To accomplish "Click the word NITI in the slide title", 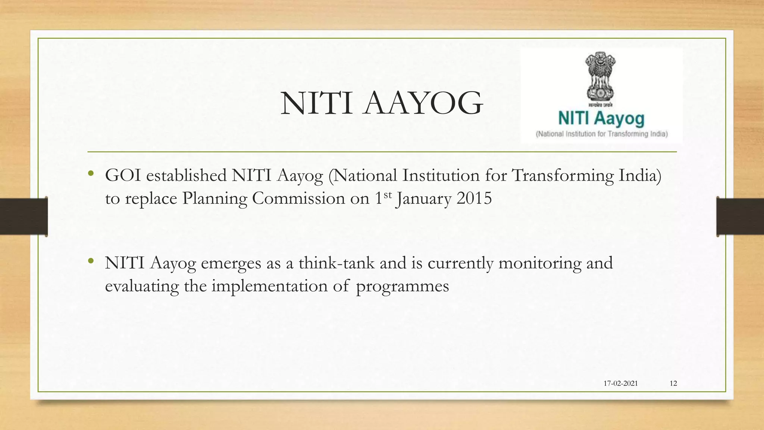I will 316,103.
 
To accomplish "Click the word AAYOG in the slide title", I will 423,103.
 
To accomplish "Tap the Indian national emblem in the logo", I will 600,76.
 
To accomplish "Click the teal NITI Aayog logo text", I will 601,118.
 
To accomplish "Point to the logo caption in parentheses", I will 601,134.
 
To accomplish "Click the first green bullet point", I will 91,174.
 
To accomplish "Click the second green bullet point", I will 91,261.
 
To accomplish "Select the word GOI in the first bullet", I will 123,175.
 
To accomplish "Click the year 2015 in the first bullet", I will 474,198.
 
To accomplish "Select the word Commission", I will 298,198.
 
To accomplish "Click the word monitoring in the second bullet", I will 540,264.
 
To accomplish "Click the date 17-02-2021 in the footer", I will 620,383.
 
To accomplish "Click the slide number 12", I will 673,383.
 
